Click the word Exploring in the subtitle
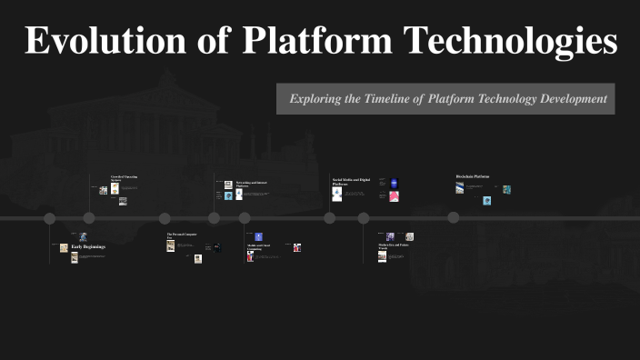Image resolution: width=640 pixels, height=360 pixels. point(316,98)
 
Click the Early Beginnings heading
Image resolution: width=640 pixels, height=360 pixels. point(88,247)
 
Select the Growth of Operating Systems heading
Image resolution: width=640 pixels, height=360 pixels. point(125,178)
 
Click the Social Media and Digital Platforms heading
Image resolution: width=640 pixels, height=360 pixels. point(351,182)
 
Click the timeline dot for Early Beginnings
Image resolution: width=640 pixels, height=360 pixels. point(50,218)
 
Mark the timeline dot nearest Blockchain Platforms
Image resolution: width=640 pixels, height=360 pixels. point(453,218)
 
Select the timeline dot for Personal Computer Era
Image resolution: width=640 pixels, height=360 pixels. point(165,218)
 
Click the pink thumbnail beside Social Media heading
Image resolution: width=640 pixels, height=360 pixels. point(395,196)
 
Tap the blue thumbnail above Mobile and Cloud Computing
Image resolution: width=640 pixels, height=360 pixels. point(258,235)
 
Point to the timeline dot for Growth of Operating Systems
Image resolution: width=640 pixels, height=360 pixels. point(89,218)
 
